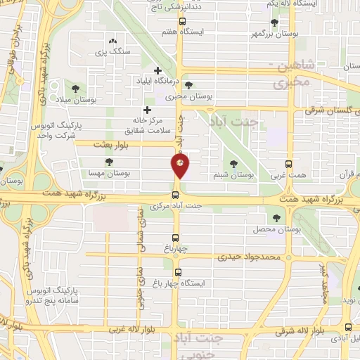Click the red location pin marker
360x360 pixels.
click(x=181, y=166)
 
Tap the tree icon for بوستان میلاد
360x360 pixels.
click(x=76, y=89)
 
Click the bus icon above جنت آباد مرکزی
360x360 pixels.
click(x=176, y=195)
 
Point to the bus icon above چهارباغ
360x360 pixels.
click(x=176, y=238)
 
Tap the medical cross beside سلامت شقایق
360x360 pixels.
click(x=147, y=110)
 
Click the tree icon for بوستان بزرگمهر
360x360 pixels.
click(x=274, y=22)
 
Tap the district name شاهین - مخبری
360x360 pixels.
click(x=288, y=74)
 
